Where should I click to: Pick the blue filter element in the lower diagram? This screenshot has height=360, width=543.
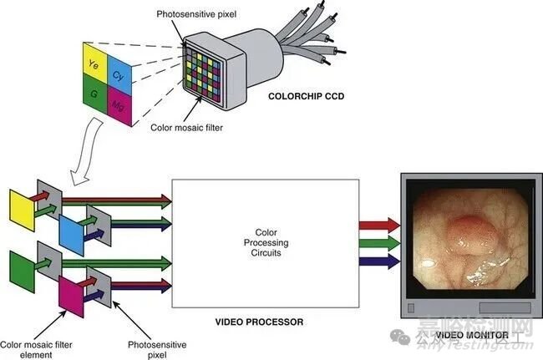[72, 230]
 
